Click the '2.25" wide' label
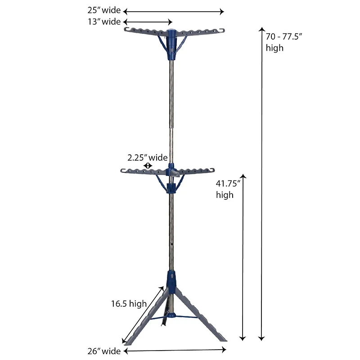click(x=147, y=157)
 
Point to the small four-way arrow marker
click(x=147, y=166)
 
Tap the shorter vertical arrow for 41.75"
click(x=243, y=257)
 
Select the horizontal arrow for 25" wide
click(x=173, y=11)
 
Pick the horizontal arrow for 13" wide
click(x=148, y=22)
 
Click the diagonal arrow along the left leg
click(x=141, y=314)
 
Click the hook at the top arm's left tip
click(x=126, y=30)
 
